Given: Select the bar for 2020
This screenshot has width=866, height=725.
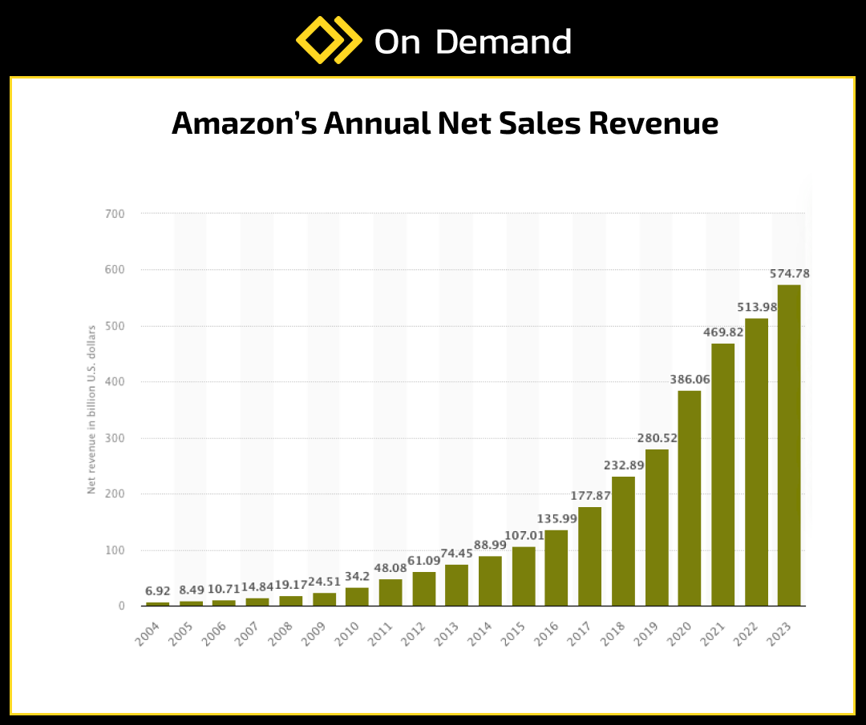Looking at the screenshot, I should (689, 497).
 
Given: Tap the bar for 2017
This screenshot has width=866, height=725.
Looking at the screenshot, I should (589, 556).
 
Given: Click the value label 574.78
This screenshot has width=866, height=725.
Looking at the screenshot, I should (789, 274).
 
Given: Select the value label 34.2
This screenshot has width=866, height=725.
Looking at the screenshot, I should (357, 577).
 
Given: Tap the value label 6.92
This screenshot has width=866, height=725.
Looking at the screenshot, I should (158, 591).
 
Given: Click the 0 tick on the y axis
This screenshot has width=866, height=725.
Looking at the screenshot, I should (121, 606).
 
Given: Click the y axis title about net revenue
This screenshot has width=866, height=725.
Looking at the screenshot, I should (91, 409).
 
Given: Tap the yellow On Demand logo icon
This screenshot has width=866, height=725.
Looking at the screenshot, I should (329, 41).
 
